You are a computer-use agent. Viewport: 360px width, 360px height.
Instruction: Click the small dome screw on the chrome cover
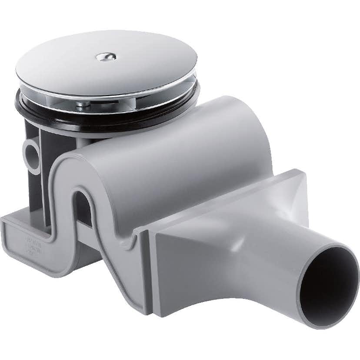pos(106,57)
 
